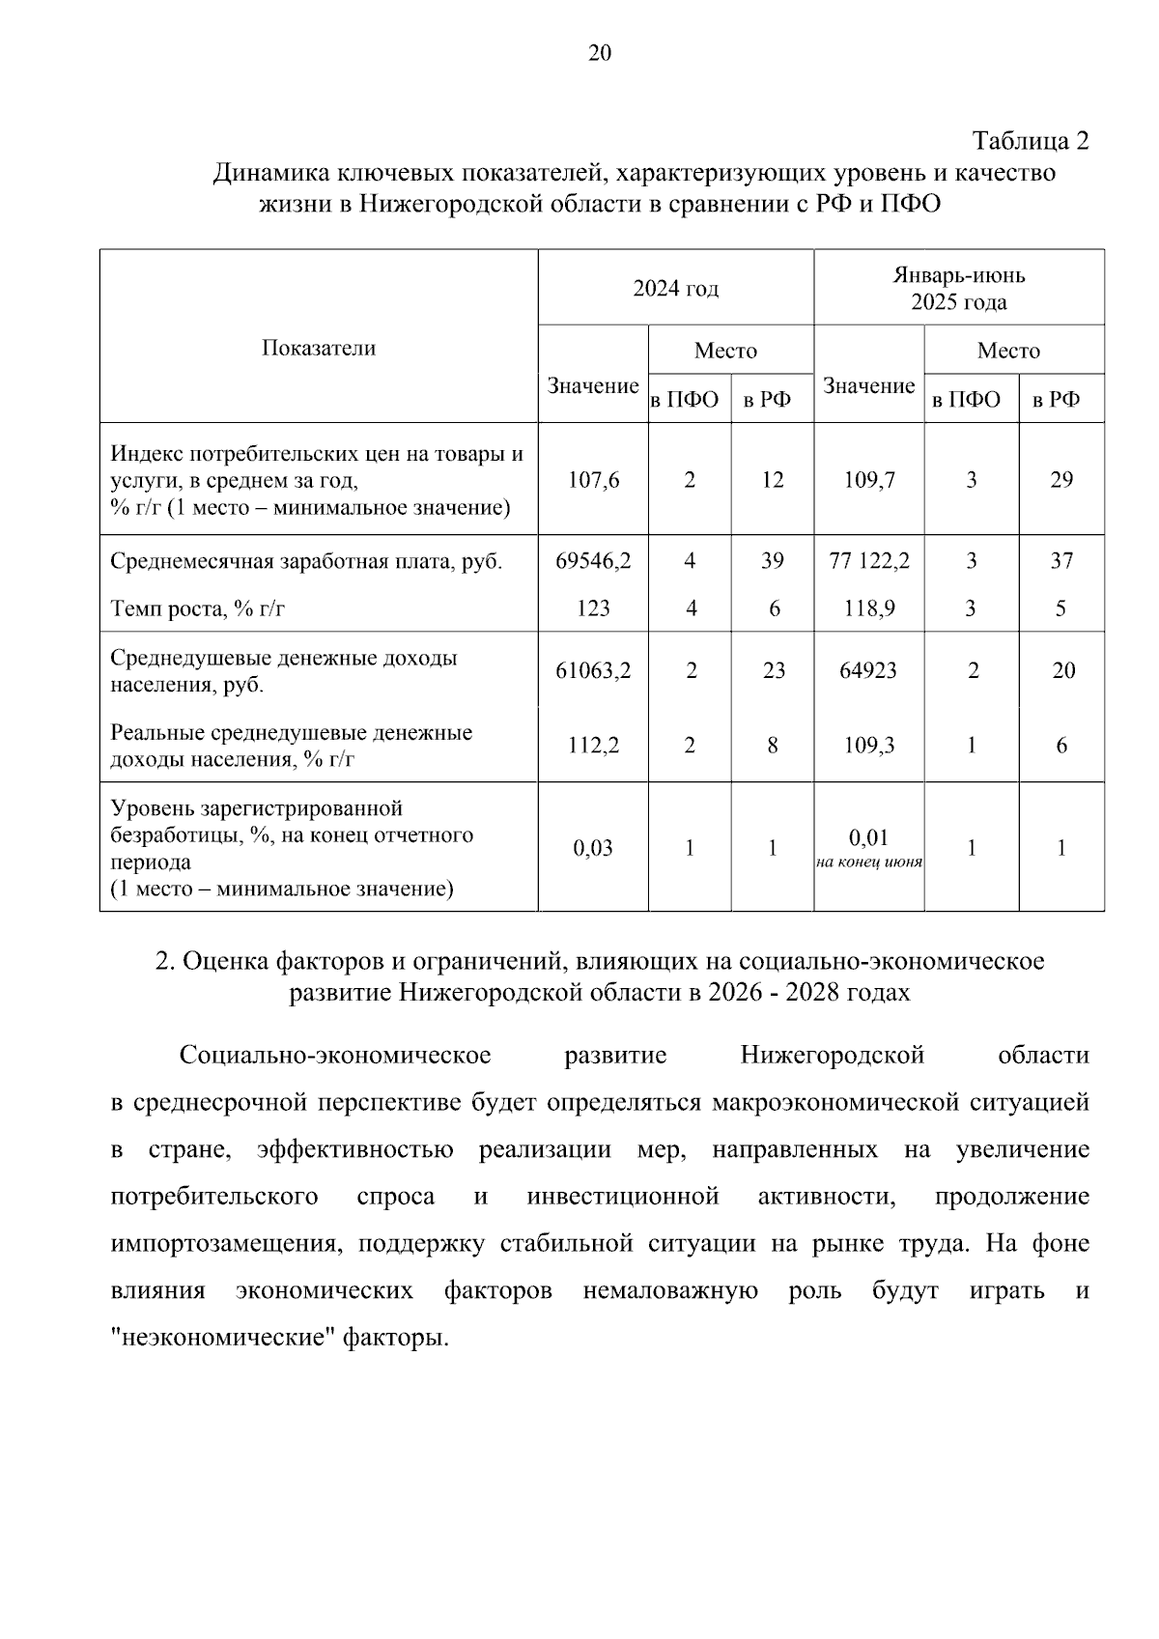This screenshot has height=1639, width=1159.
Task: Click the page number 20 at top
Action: [x=599, y=53]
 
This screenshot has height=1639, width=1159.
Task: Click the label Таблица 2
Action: [x=1030, y=141]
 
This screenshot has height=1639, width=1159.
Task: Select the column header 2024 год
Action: [x=675, y=288]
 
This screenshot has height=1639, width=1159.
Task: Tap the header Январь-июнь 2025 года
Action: [x=958, y=288]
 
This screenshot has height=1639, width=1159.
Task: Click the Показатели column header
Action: [x=318, y=349]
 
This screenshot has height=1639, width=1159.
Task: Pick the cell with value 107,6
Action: [x=593, y=480]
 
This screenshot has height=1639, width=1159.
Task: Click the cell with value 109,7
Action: [x=869, y=480]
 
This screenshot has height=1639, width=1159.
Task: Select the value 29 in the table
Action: [x=1061, y=480]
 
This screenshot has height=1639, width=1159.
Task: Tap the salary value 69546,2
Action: [x=593, y=561]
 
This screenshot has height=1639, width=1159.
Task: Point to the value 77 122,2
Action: [x=869, y=561]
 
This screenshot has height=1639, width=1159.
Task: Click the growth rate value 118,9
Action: [x=869, y=608]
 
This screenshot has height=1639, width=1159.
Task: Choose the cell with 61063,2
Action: [x=593, y=670]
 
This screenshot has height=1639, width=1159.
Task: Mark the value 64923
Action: [x=869, y=670]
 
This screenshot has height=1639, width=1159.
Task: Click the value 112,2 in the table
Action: [x=593, y=746]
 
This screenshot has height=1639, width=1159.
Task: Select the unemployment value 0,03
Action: [x=593, y=848]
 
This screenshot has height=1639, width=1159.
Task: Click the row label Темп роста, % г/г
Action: [x=198, y=608]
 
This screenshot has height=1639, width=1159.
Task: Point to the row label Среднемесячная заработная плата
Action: [x=305, y=561]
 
